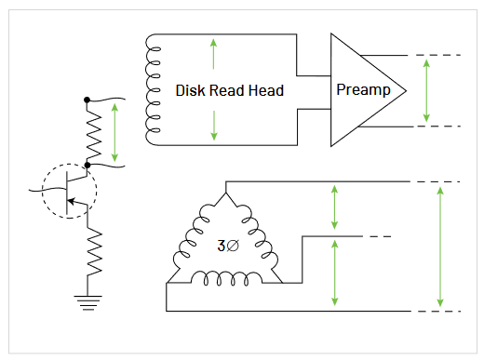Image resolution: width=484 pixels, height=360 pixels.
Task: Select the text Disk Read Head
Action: pos(229,91)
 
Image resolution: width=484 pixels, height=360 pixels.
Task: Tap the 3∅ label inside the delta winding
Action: pos(227,247)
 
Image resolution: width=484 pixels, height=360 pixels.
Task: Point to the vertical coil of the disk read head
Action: pos(150,89)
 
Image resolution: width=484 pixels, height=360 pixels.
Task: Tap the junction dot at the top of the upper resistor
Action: pos(87,99)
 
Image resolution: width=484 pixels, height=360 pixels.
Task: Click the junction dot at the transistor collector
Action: pos(87,165)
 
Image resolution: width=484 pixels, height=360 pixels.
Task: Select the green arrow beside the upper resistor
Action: pos(114,131)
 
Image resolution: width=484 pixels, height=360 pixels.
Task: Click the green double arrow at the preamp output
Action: pos(425,90)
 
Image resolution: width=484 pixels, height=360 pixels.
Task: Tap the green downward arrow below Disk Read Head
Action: pos(214,125)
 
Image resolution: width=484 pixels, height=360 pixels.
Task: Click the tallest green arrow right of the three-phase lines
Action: pos(440,247)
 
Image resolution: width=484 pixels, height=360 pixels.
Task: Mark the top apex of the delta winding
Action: pos(226,194)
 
